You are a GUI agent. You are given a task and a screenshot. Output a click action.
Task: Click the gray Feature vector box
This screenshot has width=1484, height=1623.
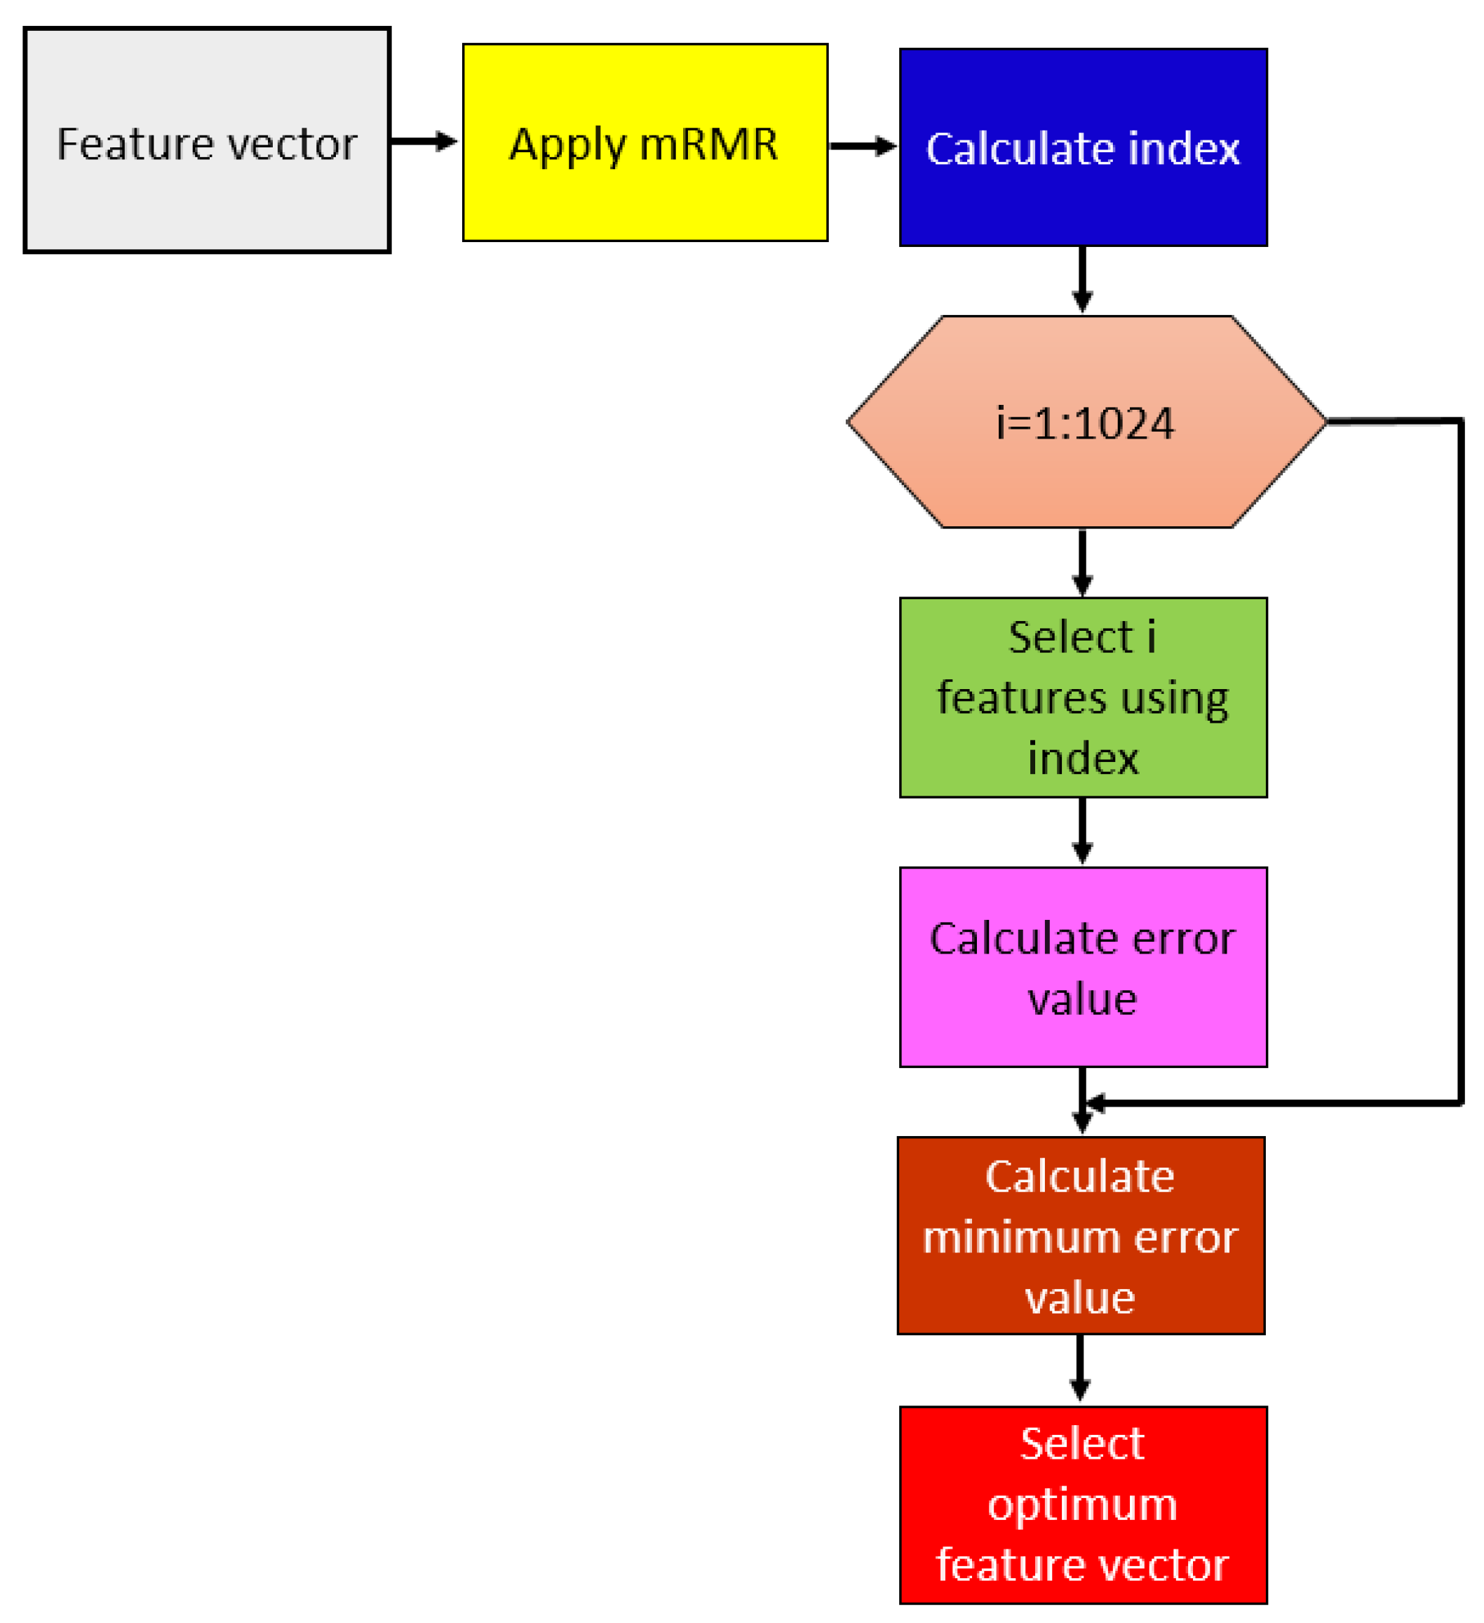pos(207,141)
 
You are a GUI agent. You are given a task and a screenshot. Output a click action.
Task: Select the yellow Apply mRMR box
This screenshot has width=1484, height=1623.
pos(645,142)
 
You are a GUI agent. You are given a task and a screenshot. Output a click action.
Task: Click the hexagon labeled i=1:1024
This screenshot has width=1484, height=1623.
pos(1086,422)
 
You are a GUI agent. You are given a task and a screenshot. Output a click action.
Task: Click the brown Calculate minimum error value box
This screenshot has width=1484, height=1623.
pos(1080,1236)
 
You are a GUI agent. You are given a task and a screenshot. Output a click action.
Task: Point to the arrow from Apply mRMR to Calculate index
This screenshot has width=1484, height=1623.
pos(862,146)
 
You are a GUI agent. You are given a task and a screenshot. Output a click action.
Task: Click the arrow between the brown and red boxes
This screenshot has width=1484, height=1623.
pos(1080,1368)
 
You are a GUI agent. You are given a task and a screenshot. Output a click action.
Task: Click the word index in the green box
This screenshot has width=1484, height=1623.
pos(1084,759)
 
